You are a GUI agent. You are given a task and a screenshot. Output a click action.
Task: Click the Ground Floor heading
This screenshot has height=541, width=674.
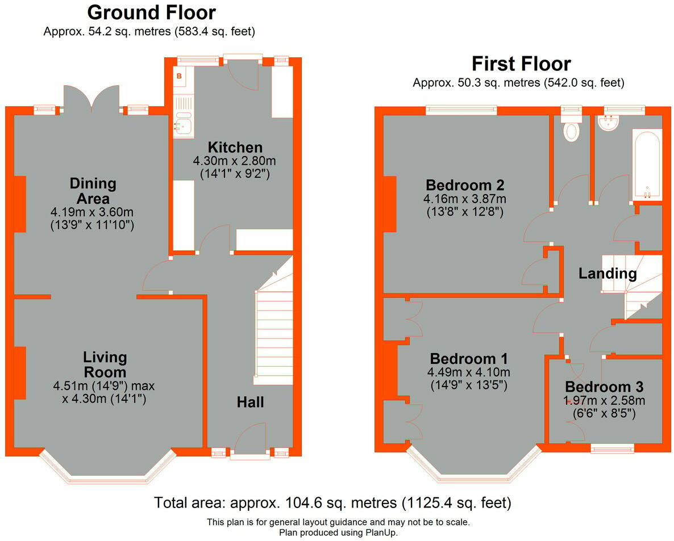coord(151,12)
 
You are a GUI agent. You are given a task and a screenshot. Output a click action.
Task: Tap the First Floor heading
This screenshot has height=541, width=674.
coord(521,63)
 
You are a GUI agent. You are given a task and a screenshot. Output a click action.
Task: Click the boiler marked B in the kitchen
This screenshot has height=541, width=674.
coord(179,76)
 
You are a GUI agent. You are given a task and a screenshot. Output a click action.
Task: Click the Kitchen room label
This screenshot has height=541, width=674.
coord(235,148)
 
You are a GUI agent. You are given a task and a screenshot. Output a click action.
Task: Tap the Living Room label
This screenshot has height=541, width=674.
coord(105,365)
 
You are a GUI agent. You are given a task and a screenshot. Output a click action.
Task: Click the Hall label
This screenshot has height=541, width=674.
coord(250,402)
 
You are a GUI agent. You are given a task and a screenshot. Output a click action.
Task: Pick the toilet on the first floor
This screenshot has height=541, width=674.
coord(571,129)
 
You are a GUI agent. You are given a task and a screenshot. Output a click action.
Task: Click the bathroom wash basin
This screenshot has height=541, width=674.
coord(609,124)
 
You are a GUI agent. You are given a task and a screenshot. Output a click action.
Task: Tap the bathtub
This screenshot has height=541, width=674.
coord(646,165)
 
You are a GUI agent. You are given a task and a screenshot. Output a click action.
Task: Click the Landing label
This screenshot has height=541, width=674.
coord(607,274)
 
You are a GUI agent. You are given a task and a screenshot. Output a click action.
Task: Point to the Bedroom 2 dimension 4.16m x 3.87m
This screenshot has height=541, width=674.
coord(464,199)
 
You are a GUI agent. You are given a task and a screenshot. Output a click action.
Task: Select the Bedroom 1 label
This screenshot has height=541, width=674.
coord(468,359)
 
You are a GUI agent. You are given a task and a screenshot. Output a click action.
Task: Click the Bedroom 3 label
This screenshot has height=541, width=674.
coord(604,387)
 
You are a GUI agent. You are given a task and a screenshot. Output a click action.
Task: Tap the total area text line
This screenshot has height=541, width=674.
coord(332,502)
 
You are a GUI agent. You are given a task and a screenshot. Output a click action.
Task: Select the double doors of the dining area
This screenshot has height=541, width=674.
coord(92,98)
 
